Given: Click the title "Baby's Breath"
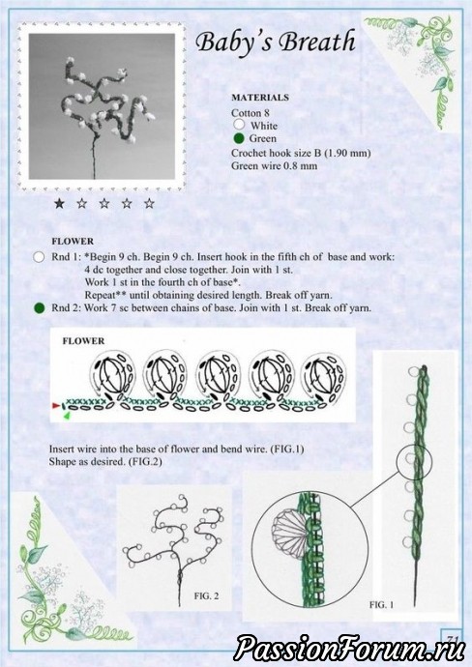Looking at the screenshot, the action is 276,43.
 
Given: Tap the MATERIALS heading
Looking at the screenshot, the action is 260,98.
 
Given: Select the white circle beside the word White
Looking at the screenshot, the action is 239,124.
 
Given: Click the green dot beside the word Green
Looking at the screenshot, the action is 239,138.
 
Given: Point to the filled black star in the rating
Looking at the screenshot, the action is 59,203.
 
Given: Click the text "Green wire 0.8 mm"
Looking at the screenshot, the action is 274,166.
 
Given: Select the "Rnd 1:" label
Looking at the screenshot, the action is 67,257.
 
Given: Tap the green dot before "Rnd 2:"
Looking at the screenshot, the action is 39,308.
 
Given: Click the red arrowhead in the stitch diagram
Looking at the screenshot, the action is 56,406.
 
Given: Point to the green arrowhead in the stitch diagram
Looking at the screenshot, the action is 67,416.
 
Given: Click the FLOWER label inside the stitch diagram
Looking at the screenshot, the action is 83,340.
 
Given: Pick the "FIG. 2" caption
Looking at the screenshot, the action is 206,596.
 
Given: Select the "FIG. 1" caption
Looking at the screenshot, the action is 381,604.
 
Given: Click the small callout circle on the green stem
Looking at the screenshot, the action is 414,461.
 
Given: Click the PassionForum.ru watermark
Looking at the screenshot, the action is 349,648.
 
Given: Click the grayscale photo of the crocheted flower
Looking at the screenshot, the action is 102,106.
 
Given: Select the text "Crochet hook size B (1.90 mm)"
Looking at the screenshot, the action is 301,153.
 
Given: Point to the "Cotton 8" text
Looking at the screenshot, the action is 251,113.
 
